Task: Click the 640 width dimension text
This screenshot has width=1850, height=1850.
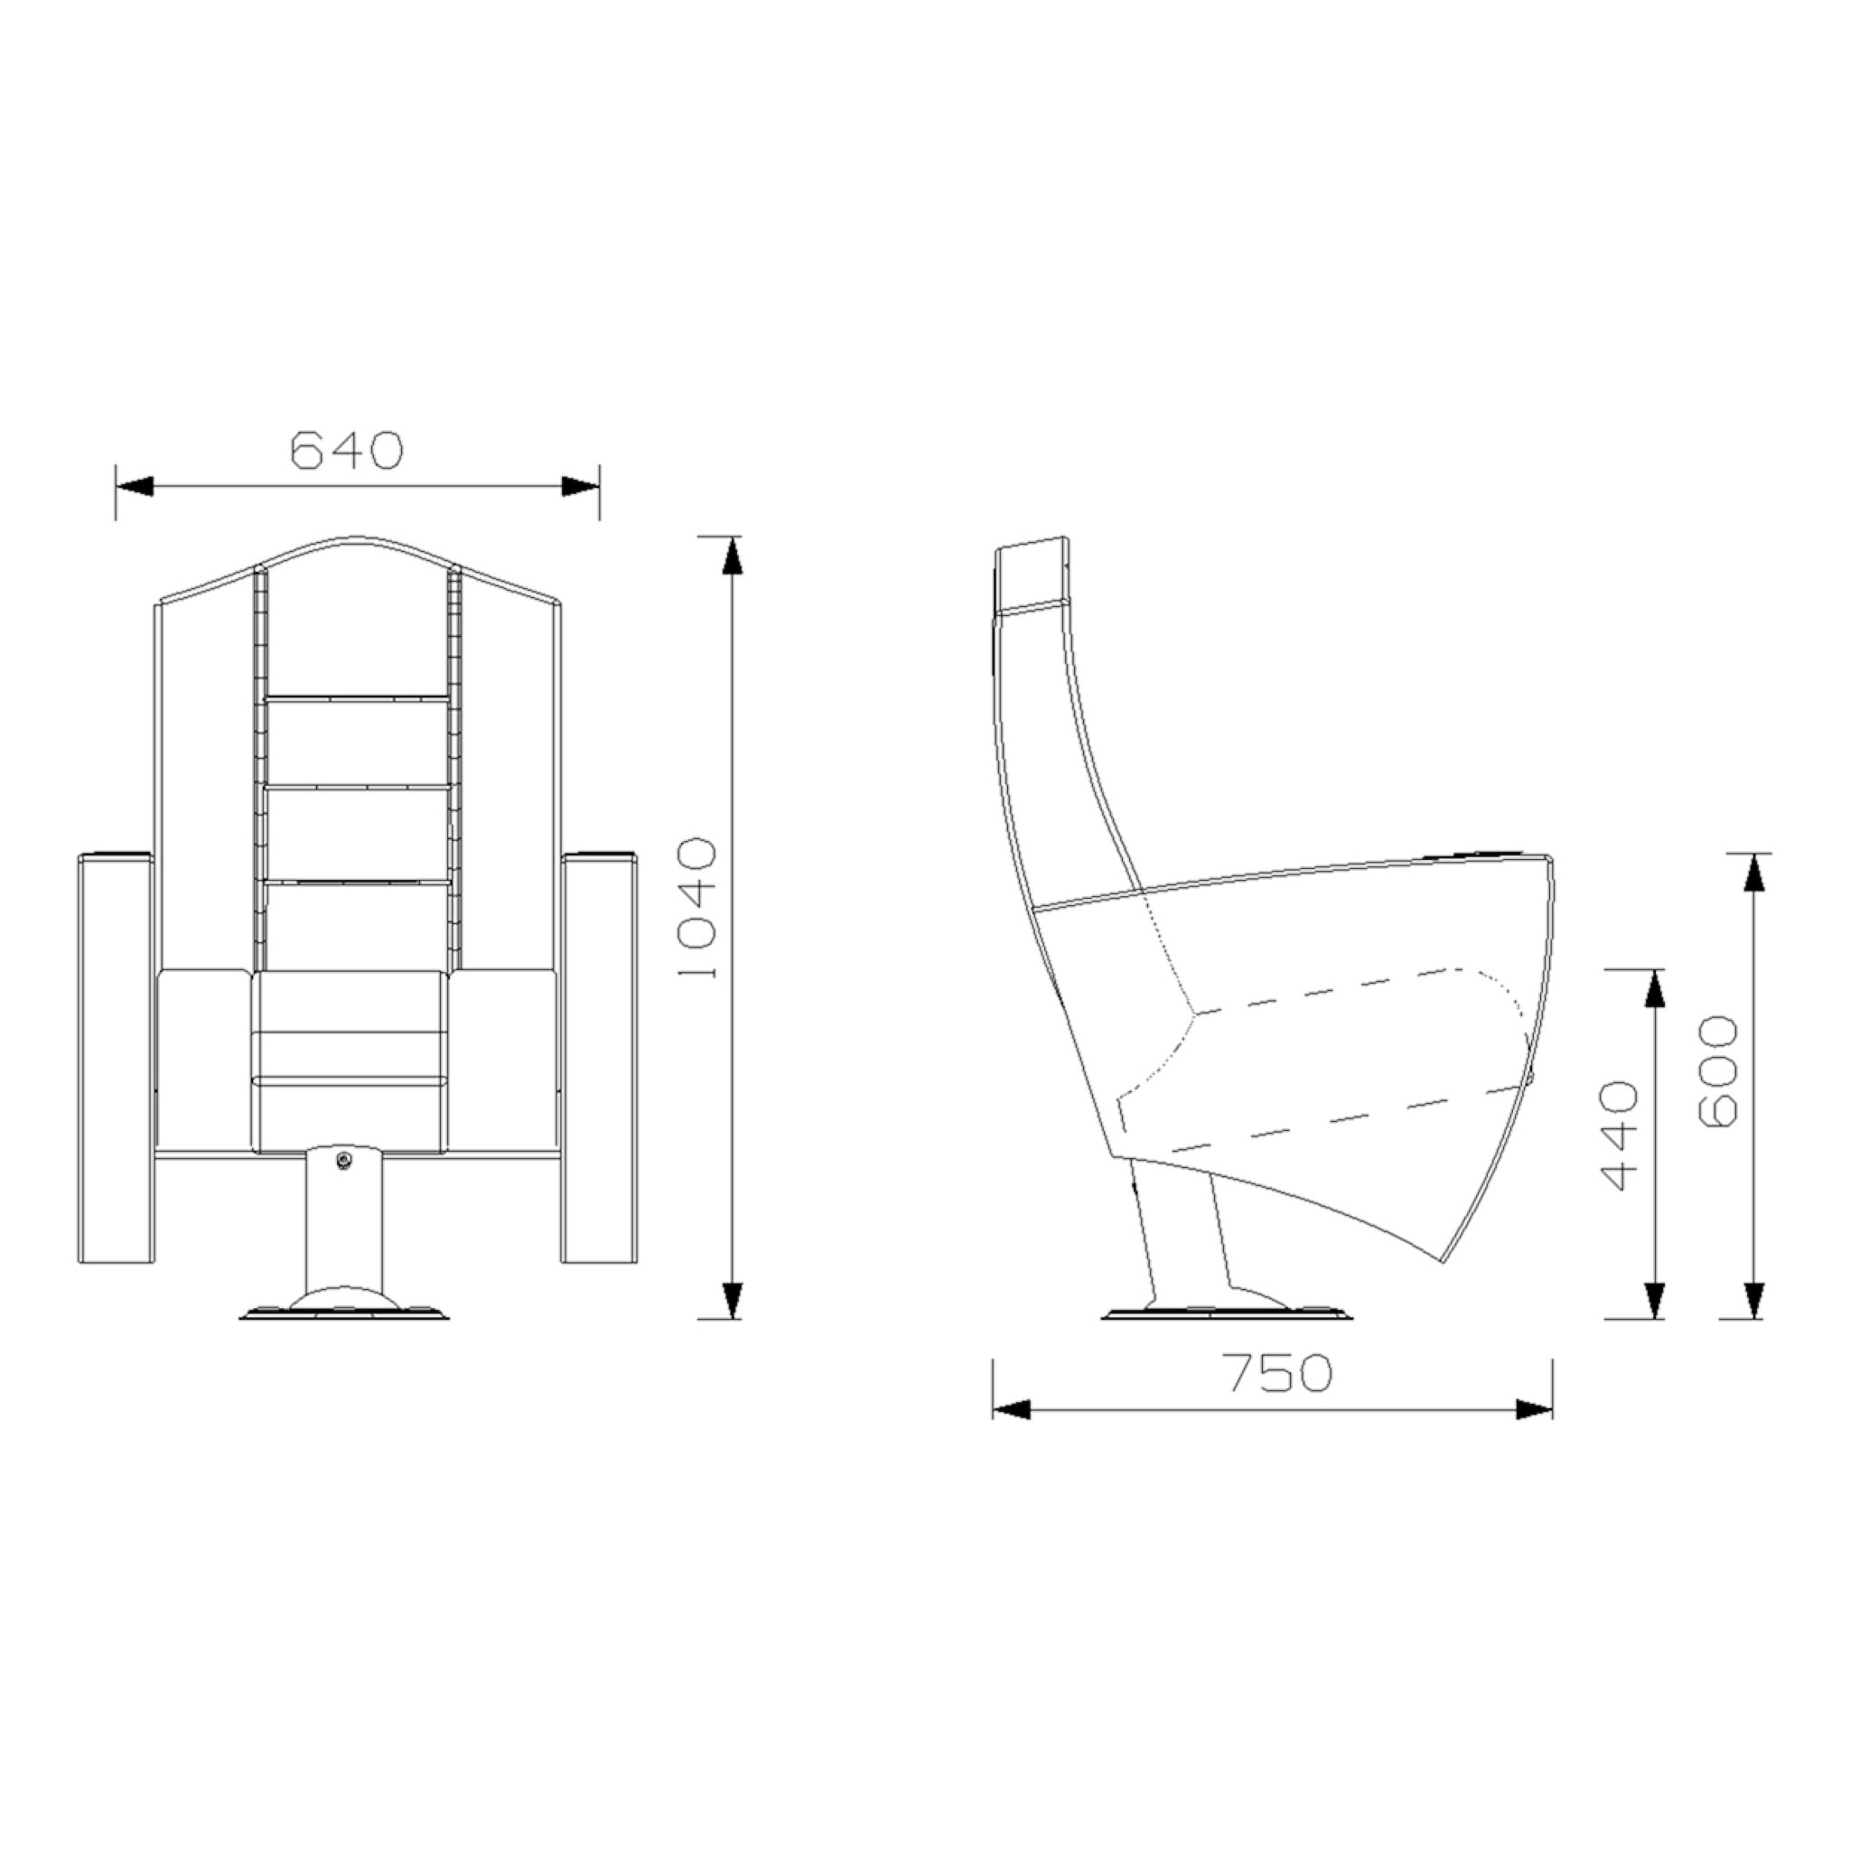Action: pyautogui.click(x=347, y=450)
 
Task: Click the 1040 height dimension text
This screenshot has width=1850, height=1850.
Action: pyautogui.click(x=697, y=908)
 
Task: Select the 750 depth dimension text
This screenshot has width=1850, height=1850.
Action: pyautogui.click(x=1279, y=1373)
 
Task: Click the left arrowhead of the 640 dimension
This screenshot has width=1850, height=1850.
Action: pyautogui.click(x=134, y=487)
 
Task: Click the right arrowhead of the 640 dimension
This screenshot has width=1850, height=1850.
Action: pyautogui.click(x=580, y=487)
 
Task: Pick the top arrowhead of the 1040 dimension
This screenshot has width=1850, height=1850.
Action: pyautogui.click(x=732, y=556)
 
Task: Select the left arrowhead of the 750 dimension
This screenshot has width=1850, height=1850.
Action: pyautogui.click(x=1011, y=1409)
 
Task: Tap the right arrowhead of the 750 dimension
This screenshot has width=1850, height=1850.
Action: pyautogui.click(x=1534, y=1409)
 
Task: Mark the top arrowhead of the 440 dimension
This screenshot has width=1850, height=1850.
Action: pyautogui.click(x=1654, y=988)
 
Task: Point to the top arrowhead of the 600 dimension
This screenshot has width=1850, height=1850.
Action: pyautogui.click(x=1753, y=873)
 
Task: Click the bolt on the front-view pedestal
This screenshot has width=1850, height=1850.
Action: pyautogui.click(x=344, y=1160)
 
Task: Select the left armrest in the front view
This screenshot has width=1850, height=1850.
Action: pyautogui.click(x=116, y=1058)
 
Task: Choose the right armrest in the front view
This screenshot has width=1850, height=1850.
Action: pyautogui.click(x=600, y=1058)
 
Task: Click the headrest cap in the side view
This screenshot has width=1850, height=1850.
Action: pyautogui.click(x=1032, y=575)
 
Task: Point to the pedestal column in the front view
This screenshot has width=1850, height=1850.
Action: pyautogui.click(x=345, y=1226)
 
